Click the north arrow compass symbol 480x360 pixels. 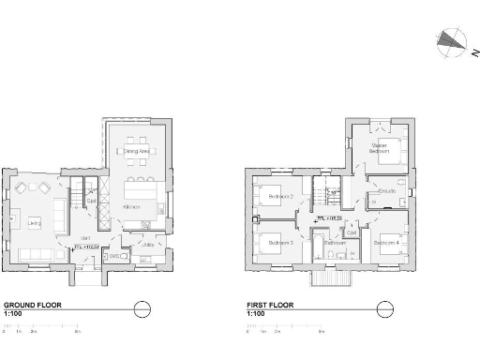pyautogui.click(x=451, y=40)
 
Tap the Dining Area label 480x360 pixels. pyautogui.click(x=138, y=150)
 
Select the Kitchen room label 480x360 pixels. pyautogui.click(x=132, y=206)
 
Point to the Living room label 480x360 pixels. pyautogui.click(x=34, y=222)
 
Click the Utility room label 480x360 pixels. pyautogui.click(x=147, y=246)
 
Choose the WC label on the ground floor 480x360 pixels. pyautogui.click(x=114, y=255)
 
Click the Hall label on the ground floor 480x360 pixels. pyautogui.click(x=83, y=238)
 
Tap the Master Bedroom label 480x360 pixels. pyautogui.click(x=379, y=147)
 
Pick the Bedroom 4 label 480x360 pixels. pyautogui.click(x=386, y=243)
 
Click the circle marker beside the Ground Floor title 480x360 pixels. pyautogui.click(x=142, y=308)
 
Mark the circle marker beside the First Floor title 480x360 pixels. pyautogui.click(x=382, y=308)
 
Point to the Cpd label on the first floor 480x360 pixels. pyautogui.click(x=351, y=232)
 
